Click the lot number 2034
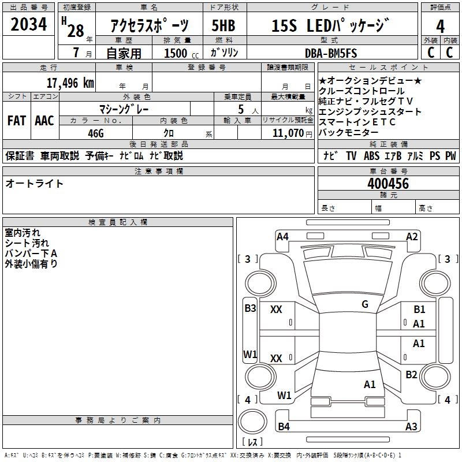pyautogui.click(x=29, y=25)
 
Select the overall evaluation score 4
pyautogui.click(x=441, y=27)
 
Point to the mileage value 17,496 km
pyautogui.click(x=70, y=83)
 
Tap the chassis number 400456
pyautogui.click(x=388, y=184)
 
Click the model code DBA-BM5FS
pyautogui.click(x=331, y=53)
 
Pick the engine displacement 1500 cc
pyautogui.click(x=177, y=53)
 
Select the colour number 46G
pyautogui.click(x=95, y=133)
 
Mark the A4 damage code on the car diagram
pyautogui.click(x=282, y=236)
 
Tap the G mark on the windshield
pyautogui.click(x=365, y=304)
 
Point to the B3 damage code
pyautogui.click(x=250, y=308)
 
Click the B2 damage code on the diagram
pyautogui.click(x=411, y=374)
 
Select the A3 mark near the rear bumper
pyautogui.click(x=411, y=427)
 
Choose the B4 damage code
pyautogui.click(x=284, y=427)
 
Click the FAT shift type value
pyautogui.click(x=17, y=121)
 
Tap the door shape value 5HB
pyautogui.click(x=223, y=27)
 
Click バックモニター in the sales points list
pyautogui.click(x=352, y=132)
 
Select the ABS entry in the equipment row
pyautogui.click(x=372, y=156)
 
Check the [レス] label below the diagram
pyautogui.click(x=251, y=442)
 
